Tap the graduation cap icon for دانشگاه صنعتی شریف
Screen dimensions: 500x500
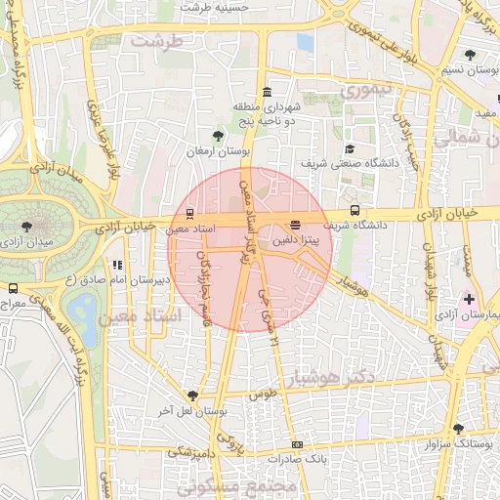click(x=350, y=148)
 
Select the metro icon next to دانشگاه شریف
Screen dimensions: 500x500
click(x=354, y=209)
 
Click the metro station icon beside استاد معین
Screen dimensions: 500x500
click(x=188, y=214)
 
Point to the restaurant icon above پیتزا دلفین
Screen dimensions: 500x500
click(x=295, y=224)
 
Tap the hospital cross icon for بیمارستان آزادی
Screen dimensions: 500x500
click(x=470, y=298)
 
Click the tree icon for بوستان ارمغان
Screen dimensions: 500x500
click(x=218, y=136)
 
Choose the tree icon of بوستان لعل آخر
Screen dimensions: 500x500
click(x=192, y=396)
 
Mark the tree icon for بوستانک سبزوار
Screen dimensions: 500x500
click(x=458, y=429)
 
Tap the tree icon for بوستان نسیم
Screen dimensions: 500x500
click(x=470, y=55)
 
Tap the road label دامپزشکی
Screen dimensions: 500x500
click(x=193, y=452)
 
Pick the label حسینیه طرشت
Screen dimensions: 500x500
click(x=209, y=7)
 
